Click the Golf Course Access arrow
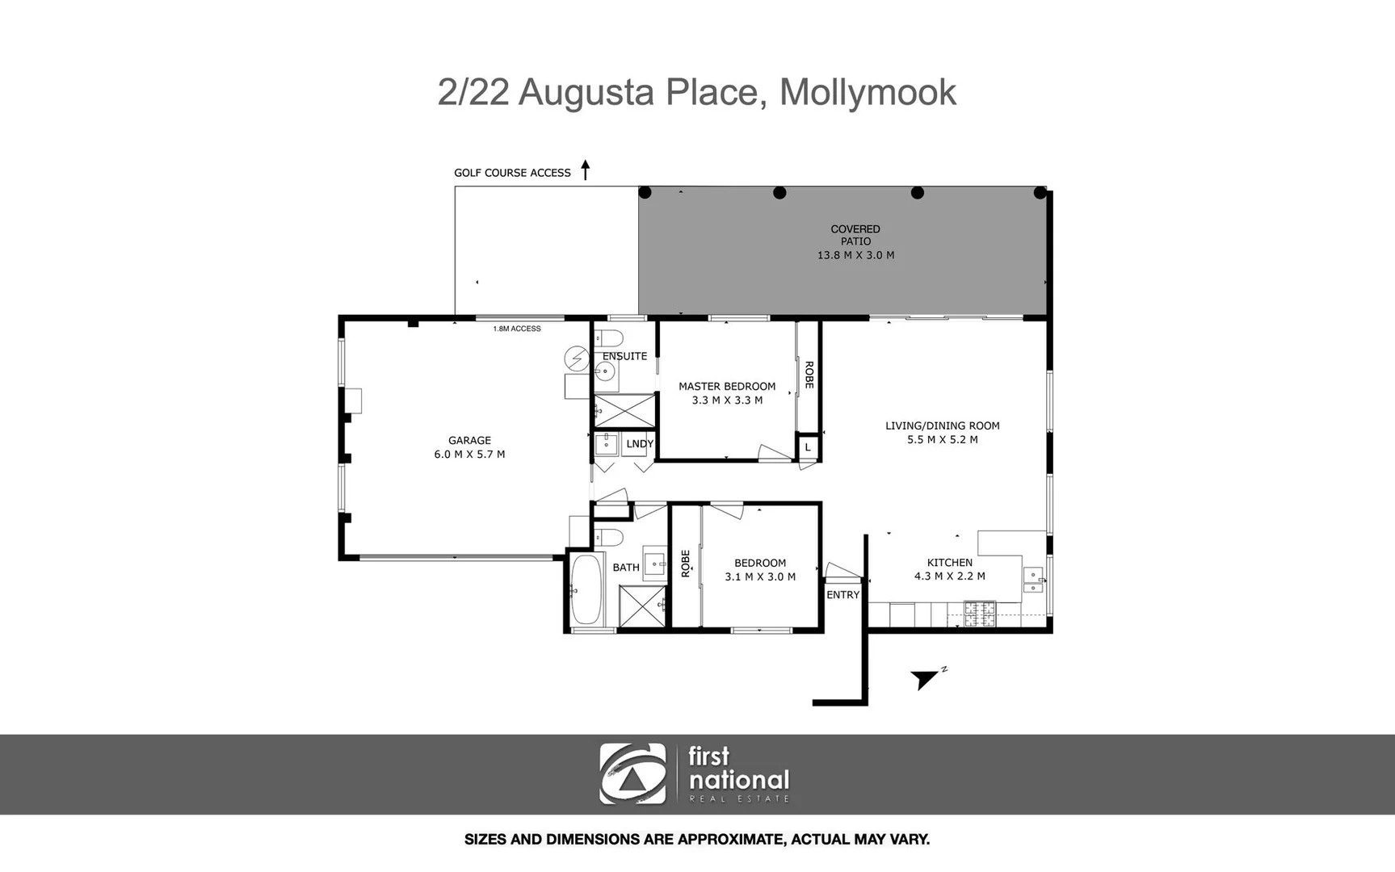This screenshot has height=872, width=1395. point(586,170)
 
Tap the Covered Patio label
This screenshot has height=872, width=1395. point(855,235)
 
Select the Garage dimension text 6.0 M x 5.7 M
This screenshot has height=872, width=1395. point(469,455)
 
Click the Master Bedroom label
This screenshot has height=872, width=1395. point(726,386)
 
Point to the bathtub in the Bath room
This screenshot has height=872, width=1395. point(586,589)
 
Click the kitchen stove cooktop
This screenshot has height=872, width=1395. point(980,614)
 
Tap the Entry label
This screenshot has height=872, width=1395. point(842,595)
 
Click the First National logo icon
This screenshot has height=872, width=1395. point(633,773)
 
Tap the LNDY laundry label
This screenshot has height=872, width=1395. point(640,444)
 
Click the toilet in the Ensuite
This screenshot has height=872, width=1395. point(609,337)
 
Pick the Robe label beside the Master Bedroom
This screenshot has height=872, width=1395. point(809,375)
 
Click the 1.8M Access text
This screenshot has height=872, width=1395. point(517,329)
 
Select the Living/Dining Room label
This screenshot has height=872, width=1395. point(942,426)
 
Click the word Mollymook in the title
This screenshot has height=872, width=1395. point(867,92)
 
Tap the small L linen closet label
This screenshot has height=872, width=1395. point(807,447)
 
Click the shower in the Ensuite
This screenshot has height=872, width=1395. point(625,411)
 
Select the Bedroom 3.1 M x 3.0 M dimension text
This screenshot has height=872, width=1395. point(760,576)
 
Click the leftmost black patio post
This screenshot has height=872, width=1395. point(645,192)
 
